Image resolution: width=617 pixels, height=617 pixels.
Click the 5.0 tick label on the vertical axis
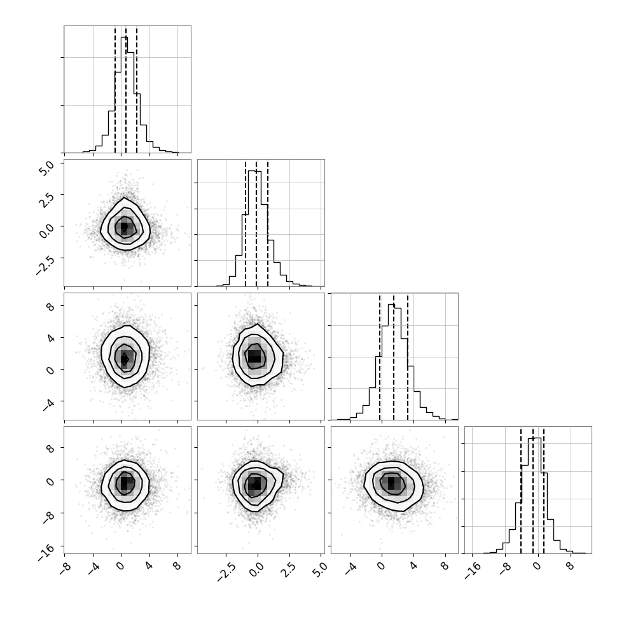46,169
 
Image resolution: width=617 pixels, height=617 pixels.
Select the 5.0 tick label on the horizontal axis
321,570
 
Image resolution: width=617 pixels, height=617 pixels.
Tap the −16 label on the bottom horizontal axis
473,571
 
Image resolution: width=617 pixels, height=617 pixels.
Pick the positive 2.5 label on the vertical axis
46,200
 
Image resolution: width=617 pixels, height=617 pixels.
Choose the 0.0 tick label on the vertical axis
46,232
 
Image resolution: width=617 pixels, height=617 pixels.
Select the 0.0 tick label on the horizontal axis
257,570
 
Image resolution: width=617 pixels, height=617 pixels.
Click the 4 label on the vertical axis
50,338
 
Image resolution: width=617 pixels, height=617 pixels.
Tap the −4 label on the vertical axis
48,404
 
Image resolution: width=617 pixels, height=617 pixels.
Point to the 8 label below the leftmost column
177,566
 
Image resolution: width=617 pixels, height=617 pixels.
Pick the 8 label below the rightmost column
571,566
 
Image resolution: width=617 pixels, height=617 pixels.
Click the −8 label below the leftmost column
66,569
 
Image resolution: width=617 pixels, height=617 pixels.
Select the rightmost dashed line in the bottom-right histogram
543,490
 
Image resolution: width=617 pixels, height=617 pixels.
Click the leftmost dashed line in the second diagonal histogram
245,223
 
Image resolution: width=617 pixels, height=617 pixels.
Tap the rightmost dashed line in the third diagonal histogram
408,357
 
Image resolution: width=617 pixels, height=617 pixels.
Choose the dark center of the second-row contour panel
124,227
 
